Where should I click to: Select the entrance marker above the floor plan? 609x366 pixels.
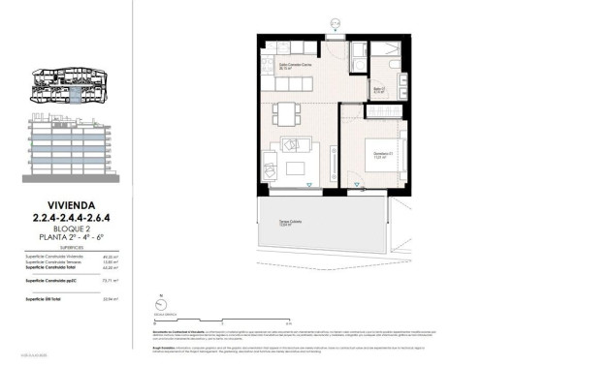[x=336, y=21]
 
